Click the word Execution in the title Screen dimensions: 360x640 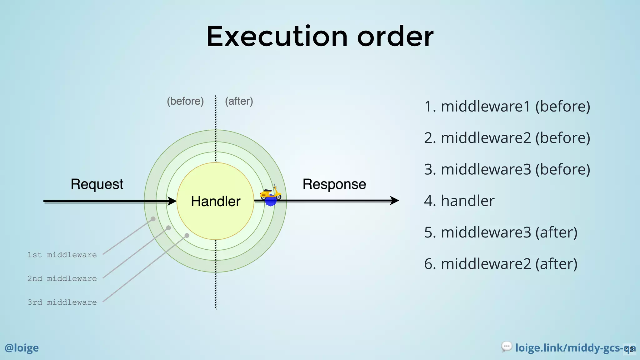[x=277, y=37]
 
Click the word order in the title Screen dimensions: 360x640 [x=395, y=37]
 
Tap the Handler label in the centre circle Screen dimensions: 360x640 [x=216, y=201]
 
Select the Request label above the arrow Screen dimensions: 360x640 [x=97, y=184]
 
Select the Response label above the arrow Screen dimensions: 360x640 [x=334, y=184]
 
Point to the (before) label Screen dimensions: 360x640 [x=185, y=101]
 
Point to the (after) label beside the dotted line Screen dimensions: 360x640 [x=239, y=101]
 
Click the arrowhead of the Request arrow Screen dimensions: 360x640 [x=173, y=201]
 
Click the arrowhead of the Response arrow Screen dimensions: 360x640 [x=395, y=201]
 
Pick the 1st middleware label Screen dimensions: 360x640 [x=62, y=255]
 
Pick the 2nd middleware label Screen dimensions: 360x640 [x=62, y=279]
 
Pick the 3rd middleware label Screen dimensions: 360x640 [x=62, y=302]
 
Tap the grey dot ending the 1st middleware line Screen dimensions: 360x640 [x=153, y=219]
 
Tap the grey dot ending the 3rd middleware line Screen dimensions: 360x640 [x=187, y=236]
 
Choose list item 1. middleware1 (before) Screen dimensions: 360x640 [x=507, y=107]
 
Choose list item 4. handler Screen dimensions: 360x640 [x=459, y=201]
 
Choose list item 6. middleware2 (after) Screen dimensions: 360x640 [x=501, y=264]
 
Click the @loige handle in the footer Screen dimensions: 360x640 [x=22, y=348]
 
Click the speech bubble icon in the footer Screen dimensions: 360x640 [x=507, y=347]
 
